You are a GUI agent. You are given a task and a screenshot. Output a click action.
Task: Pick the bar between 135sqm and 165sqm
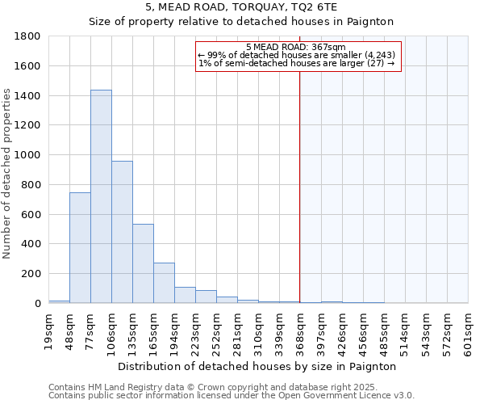(x=143, y=263)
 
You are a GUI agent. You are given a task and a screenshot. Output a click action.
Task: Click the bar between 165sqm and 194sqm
(x=164, y=283)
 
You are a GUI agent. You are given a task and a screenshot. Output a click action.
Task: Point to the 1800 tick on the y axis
(x=29, y=36)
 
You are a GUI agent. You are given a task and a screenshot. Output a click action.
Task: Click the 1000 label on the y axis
(x=29, y=155)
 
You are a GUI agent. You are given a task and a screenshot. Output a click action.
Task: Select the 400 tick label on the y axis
(x=32, y=244)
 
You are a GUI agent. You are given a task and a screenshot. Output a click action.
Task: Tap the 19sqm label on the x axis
(x=49, y=332)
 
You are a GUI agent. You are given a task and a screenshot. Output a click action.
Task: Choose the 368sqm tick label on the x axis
(x=300, y=332)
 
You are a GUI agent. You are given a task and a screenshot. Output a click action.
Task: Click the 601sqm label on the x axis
(x=468, y=332)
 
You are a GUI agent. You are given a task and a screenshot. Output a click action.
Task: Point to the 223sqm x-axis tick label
(x=195, y=332)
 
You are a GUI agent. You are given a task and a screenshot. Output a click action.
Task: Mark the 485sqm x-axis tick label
(x=384, y=332)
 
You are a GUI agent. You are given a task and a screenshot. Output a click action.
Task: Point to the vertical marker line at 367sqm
(x=299, y=202)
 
